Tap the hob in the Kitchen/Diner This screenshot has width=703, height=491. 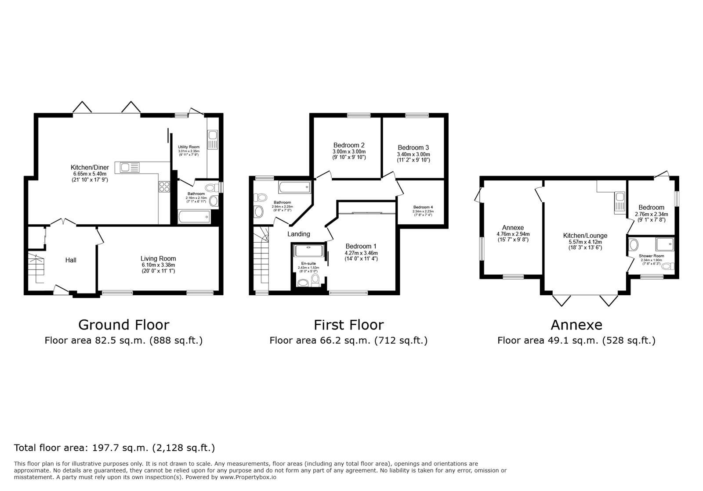point(164,187)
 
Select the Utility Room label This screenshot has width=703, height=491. point(188,147)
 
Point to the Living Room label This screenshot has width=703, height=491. point(158,258)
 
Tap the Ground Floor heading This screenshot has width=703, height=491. point(123,325)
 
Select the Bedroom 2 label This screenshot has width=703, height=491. point(349,145)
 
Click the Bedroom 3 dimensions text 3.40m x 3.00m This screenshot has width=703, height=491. point(413,154)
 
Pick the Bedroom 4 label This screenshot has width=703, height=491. point(423,207)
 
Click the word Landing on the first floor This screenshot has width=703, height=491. point(299,234)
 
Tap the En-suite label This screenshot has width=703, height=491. point(308,264)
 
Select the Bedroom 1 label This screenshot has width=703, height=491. point(361,246)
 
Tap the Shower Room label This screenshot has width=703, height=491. point(651,256)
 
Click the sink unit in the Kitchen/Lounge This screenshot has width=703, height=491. point(620,202)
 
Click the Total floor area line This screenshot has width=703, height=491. point(114,448)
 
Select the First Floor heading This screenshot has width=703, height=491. point(348,325)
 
